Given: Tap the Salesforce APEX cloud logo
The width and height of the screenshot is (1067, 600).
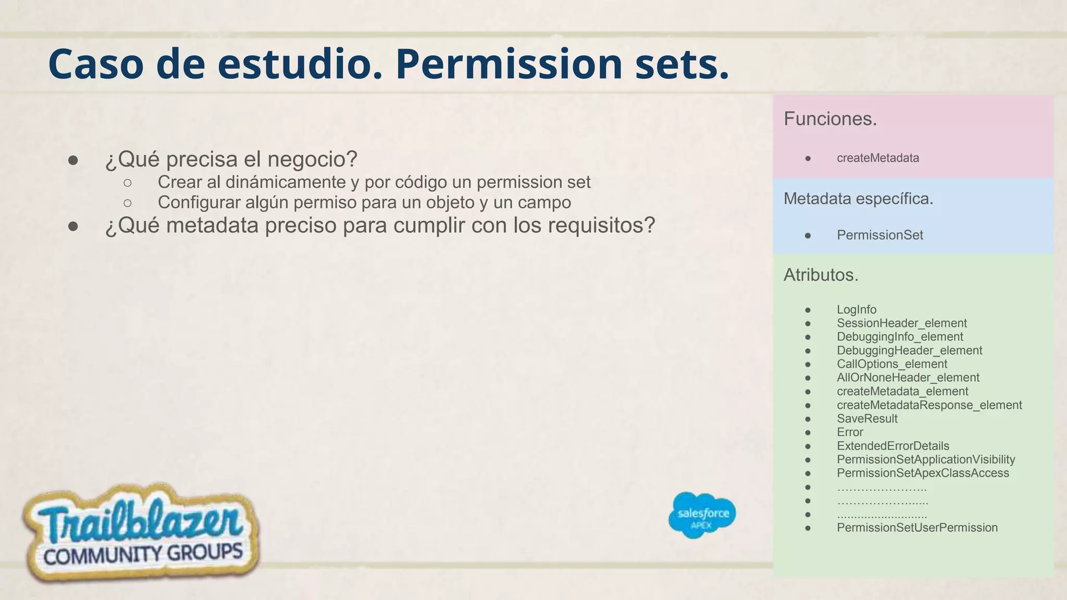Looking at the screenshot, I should [x=702, y=515].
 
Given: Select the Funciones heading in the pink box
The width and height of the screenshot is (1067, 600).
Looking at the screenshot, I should [x=830, y=119].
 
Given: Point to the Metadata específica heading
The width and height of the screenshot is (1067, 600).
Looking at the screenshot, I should [x=858, y=198].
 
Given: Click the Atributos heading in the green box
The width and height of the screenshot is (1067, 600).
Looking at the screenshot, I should [x=821, y=275].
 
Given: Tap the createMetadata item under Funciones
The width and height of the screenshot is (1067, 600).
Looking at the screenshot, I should [x=877, y=158].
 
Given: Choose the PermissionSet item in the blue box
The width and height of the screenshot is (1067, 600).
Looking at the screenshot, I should [x=879, y=235].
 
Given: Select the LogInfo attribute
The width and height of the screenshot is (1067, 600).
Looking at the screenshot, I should [x=857, y=309].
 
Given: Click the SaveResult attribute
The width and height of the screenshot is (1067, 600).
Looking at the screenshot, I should [x=867, y=418].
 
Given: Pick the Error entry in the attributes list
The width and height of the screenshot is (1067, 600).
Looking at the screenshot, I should [x=850, y=432].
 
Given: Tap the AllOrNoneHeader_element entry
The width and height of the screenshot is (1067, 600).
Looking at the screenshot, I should [x=908, y=378].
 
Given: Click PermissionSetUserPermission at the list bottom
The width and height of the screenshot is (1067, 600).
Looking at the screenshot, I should [x=917, y=528].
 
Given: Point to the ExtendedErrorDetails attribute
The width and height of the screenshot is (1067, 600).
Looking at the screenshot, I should [x=893, y=446].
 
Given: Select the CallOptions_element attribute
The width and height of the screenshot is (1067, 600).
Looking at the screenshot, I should [x=892, y=364].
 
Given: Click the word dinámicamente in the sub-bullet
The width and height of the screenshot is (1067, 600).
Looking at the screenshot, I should [x=286, y=182].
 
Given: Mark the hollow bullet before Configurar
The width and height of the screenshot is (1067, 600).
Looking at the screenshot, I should [x=128, y=203].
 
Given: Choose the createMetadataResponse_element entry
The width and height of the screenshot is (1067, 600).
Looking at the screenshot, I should [x=929, y=405].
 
